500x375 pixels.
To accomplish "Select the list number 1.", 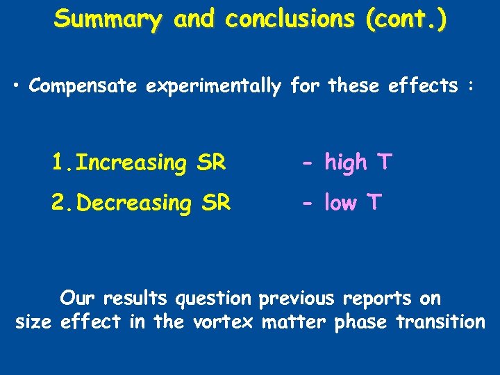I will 60,162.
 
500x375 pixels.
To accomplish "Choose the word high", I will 346,163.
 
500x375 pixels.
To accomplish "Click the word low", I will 341,203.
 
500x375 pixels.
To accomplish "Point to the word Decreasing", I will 135,203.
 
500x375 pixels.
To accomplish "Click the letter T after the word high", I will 384,162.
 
